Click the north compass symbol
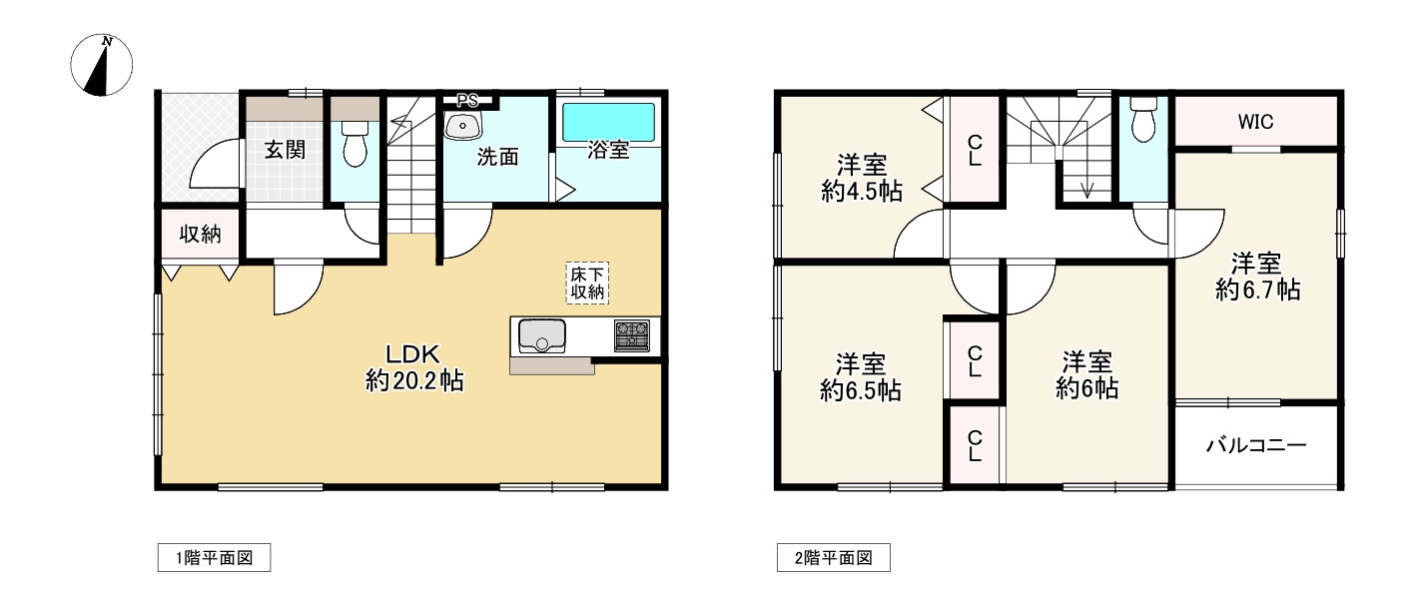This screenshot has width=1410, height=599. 102,66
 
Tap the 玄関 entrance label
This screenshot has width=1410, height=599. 285,150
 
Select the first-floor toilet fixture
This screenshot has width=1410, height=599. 354,146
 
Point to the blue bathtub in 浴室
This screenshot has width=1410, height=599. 608,122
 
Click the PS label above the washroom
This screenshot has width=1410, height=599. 467,100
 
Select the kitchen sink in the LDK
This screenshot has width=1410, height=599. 541,335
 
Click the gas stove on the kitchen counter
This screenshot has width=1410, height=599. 632,335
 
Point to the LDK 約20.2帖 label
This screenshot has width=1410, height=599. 413,366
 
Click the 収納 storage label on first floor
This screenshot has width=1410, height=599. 200,236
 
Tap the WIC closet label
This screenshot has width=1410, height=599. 1255,122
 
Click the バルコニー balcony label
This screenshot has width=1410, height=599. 1255,446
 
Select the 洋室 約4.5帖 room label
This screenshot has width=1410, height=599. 861,179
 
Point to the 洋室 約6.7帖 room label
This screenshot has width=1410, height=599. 1257,277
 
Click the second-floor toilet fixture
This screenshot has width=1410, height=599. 1143,122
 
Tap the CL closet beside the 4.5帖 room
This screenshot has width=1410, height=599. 974,150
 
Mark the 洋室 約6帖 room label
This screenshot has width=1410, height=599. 1086,374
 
